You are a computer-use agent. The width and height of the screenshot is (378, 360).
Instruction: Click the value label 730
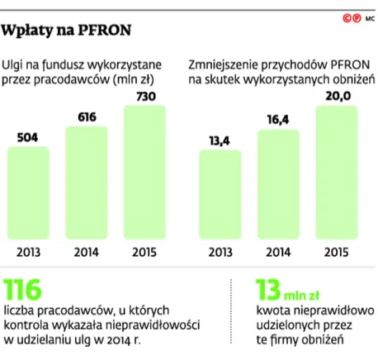pyautogui.click(x=146, y=97)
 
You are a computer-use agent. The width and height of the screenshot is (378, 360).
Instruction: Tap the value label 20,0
pyautogui.click(x=334, y=97)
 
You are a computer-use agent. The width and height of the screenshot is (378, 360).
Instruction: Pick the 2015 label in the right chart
pyautogui.click(x=334, y=253)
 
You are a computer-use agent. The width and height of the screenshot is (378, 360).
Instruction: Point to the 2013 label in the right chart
pyautogui.click(x=220, y=253)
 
